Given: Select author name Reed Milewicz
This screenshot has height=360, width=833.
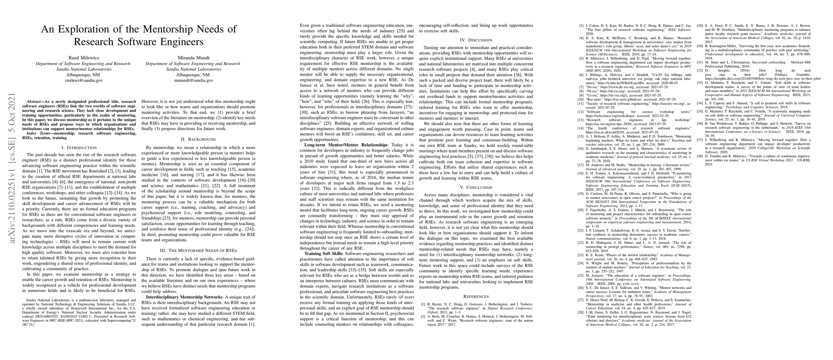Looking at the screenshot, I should (84, 58).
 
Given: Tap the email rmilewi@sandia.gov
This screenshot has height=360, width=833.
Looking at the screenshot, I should (84, 80).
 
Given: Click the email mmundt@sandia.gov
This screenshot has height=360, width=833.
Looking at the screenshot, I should (193, 80).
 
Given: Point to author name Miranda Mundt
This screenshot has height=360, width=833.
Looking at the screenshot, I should (193, 58).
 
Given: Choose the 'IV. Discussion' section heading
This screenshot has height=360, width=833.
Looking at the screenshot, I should (476, 40).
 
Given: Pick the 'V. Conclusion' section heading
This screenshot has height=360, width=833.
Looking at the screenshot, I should (476, 187).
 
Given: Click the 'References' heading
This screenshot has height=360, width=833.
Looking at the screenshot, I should (476, 296).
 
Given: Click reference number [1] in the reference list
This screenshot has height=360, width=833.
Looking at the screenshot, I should (423, 304).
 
